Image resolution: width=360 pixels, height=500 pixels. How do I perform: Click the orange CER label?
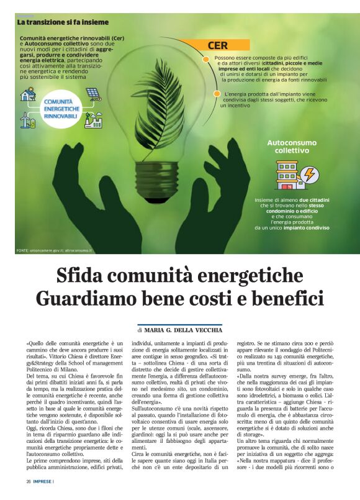click(218, 45)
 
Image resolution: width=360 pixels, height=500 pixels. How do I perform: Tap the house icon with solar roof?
click(28, 94)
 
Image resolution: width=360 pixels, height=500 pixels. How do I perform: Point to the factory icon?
click(93, 119)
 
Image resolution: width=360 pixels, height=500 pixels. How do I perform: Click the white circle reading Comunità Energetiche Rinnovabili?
click(60, 106)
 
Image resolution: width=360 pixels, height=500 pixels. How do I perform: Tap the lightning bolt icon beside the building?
click(309, 175)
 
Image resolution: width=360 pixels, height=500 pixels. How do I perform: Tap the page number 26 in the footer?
click(29, 481)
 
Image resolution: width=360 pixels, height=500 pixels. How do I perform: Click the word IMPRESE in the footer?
click(43, 481)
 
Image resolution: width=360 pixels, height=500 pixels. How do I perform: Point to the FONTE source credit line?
click(54, 250)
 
